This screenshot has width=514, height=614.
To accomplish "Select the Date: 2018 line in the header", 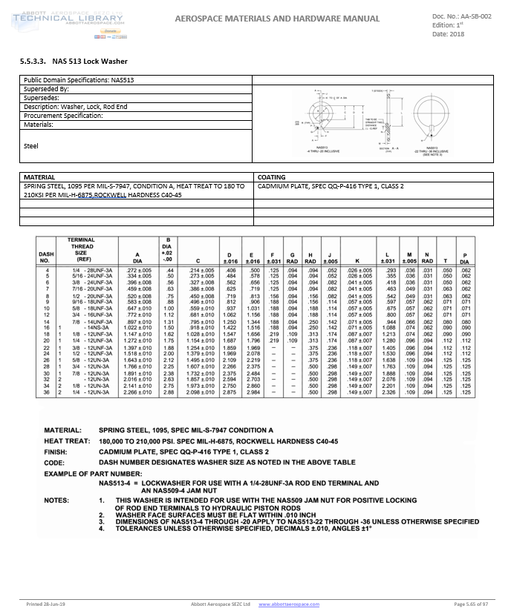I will [x=449, y=34].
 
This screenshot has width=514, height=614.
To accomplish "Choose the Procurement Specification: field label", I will [x=62, y=116].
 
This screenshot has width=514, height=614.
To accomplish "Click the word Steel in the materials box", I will [x=31, y=146].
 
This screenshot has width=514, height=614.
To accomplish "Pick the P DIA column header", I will [x=465, y=258].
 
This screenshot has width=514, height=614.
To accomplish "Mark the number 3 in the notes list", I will [x=102, y=521].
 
